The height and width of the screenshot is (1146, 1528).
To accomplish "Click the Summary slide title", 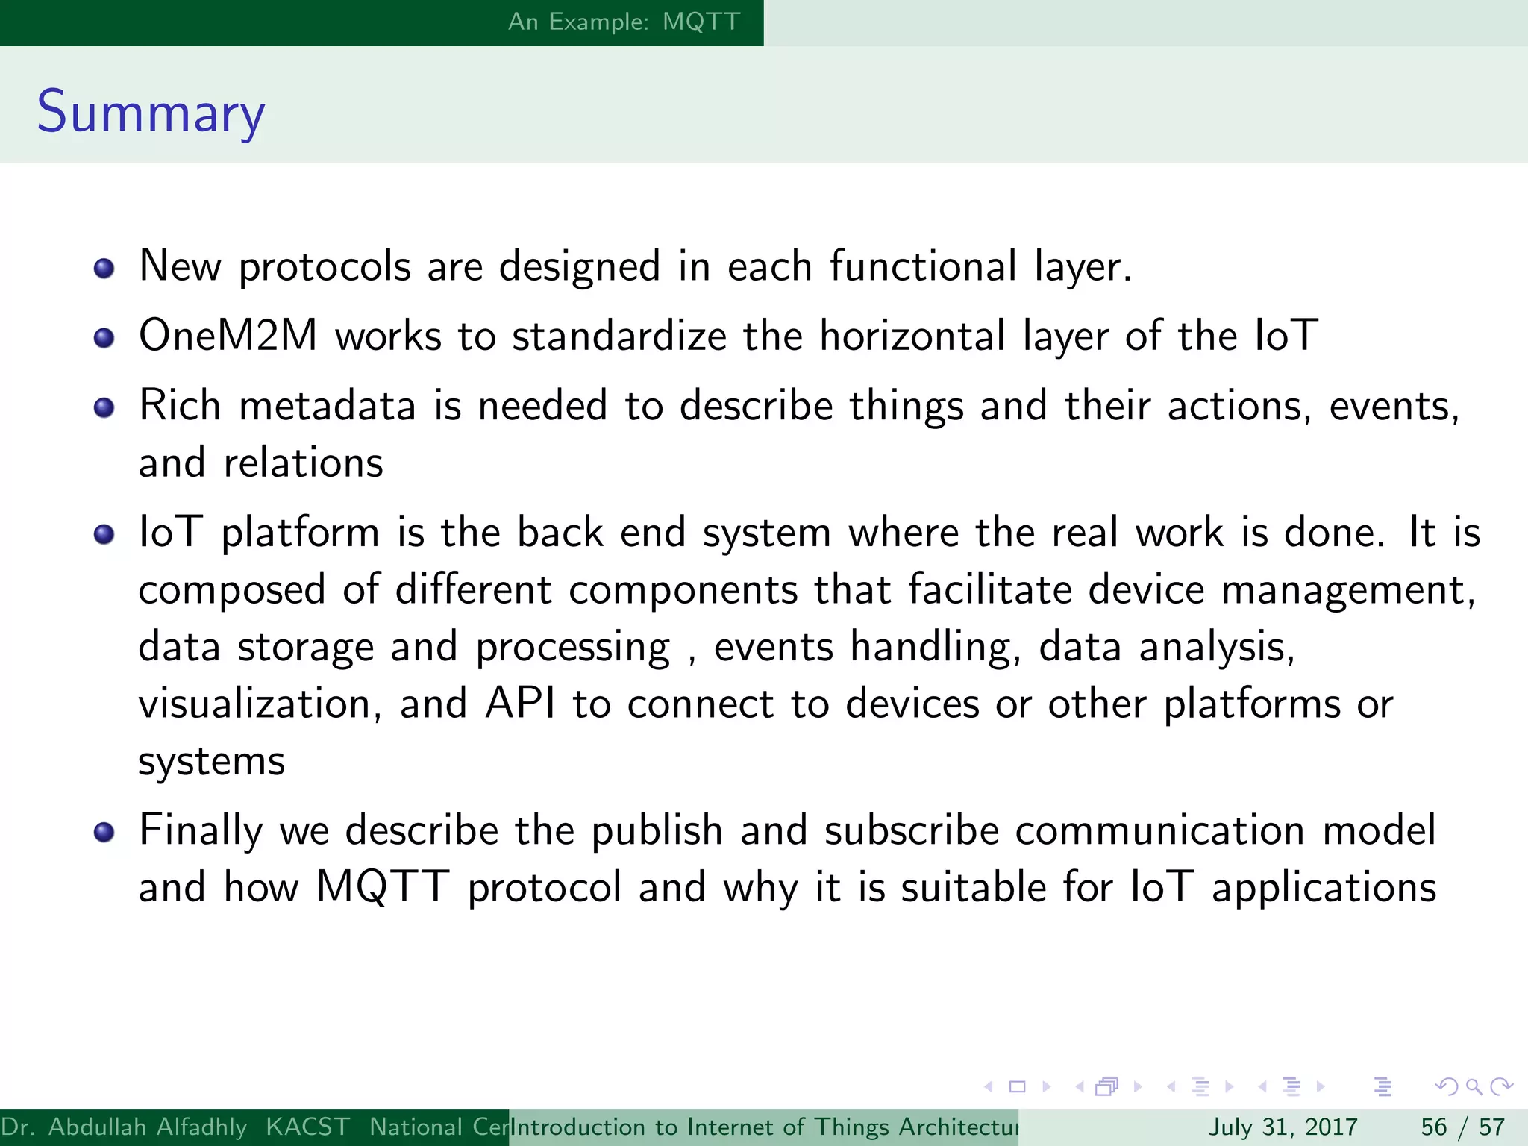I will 151,112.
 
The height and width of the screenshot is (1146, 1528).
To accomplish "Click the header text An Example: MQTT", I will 624,22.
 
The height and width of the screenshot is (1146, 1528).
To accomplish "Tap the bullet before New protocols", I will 104,269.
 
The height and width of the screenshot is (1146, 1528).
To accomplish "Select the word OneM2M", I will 228,336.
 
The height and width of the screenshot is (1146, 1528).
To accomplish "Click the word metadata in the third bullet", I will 327,407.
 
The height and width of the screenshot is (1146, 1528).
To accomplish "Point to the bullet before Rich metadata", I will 104,408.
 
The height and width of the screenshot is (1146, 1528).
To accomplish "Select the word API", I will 520,704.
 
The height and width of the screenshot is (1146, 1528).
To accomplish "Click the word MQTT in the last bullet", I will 382,887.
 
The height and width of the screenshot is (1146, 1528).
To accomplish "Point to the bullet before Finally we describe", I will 104,832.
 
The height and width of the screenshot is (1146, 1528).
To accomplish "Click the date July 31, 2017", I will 1283,1127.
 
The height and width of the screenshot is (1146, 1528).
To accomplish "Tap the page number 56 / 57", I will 1462,1127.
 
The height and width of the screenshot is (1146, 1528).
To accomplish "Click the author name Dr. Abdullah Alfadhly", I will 124,1127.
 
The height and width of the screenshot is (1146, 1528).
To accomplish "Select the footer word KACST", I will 307,1127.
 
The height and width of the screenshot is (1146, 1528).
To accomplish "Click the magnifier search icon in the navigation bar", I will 1474,1086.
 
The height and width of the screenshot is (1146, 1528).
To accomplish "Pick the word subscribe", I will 911,830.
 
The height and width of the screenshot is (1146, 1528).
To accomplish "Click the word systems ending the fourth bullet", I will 211,762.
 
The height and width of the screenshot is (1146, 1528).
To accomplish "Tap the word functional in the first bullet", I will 923,266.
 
